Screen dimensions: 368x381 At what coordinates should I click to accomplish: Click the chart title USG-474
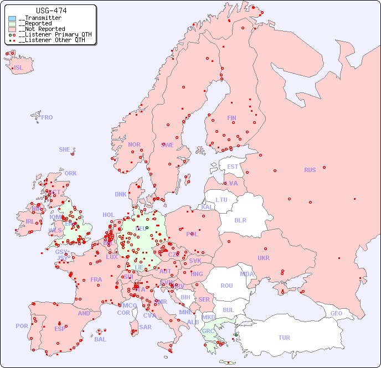51,11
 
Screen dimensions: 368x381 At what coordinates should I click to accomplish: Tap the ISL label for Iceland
18,68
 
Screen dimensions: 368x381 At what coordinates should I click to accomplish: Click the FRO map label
47,117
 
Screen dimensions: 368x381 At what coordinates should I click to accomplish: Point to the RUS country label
310,170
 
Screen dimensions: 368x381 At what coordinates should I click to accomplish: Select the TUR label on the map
284,338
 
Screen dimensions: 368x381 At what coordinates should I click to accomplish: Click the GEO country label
336,313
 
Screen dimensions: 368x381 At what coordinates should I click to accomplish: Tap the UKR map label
264,258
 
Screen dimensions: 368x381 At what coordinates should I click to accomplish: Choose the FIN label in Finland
231,118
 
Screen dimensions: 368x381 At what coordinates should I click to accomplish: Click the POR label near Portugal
22,326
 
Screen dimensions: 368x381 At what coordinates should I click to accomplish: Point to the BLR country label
240,220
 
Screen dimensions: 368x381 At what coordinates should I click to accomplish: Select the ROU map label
226,286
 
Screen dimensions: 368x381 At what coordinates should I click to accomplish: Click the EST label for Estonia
233,167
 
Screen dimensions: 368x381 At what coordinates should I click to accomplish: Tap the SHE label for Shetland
65,149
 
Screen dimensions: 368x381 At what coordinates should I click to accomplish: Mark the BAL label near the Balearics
100,339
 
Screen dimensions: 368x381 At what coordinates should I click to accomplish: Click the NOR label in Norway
134,144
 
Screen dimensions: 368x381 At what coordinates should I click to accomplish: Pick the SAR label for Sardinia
145,327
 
